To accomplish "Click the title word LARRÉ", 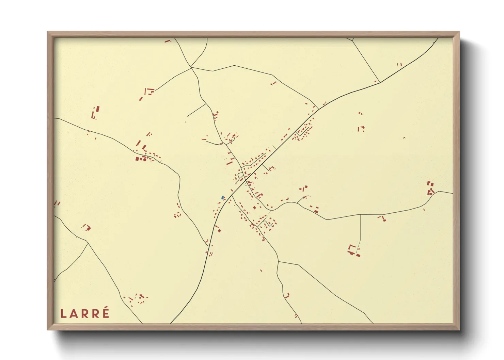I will click(x=85, y=313).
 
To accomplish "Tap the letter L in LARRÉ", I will click(x=63, y=314).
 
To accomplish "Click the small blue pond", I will click(x=222, y=197).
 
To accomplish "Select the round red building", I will click(x=144, y=159).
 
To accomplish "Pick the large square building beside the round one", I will click(x=138, y=159).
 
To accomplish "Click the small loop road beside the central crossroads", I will click(x=240, y=175).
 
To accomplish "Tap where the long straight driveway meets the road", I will click(x=360, y=215).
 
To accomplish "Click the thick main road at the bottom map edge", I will click(x=171, y=322).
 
